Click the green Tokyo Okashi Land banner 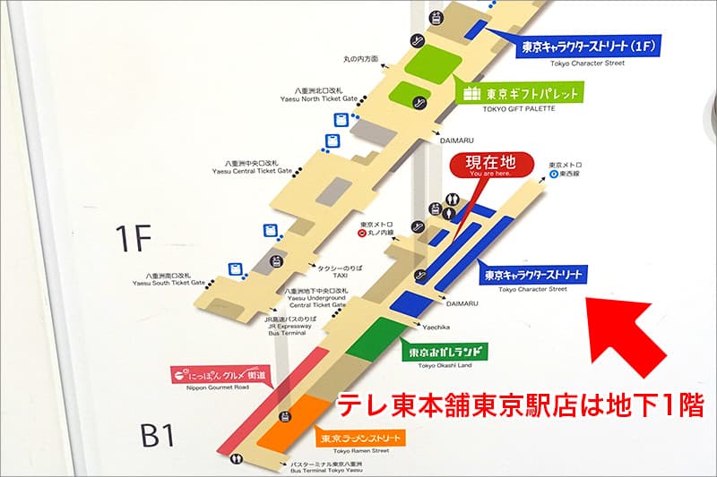tap(445, 352)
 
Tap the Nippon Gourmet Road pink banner tap(220, 376)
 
